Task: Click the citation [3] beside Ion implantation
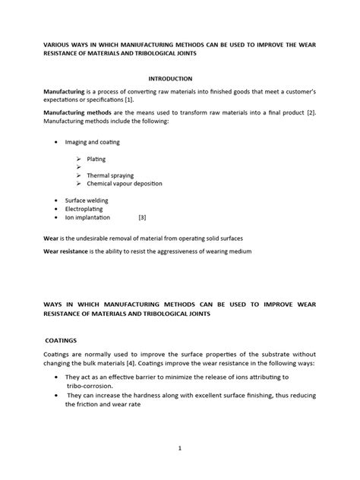[x=142, y=216]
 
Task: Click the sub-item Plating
[x=96, y=159]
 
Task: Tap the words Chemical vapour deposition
[x=125, y=183]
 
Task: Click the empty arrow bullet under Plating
[x=79, y=167]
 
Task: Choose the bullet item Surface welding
[x=87, y=201]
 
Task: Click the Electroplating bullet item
[x=85, y=209]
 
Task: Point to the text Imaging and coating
[x=93, y=142]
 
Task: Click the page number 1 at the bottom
[x=180, y=448]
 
